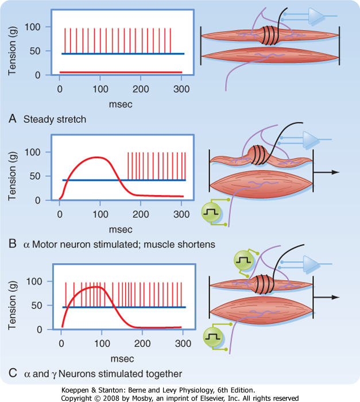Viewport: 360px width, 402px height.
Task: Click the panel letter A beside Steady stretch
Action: click(x=13, y=119)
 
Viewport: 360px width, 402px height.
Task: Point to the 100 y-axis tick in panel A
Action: click(x=33, y=27)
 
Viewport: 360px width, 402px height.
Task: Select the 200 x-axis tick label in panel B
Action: click(x=141, y=214)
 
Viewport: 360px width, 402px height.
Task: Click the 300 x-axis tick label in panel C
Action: click(x=183, y=343)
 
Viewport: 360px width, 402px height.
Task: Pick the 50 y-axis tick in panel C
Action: click(x=37, y=306)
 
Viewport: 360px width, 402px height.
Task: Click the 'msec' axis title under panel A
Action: click(x=121, y=105)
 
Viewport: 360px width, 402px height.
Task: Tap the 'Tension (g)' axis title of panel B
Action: click(x=12, y=176)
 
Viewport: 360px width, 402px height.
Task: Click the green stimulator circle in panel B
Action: click(x=211, y=212)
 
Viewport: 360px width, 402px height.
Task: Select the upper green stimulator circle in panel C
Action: click(x=243, y=260)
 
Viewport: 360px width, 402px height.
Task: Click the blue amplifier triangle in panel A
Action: click(x=316, y=16)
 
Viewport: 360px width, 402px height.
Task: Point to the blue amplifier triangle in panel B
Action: click(x=310, y=140)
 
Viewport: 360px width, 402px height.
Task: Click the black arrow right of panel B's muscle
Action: click(x=326, y=172)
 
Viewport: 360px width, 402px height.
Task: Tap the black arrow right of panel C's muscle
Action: click(x=326, y=297)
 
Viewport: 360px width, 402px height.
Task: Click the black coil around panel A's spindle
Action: click(x=270, y=36)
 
